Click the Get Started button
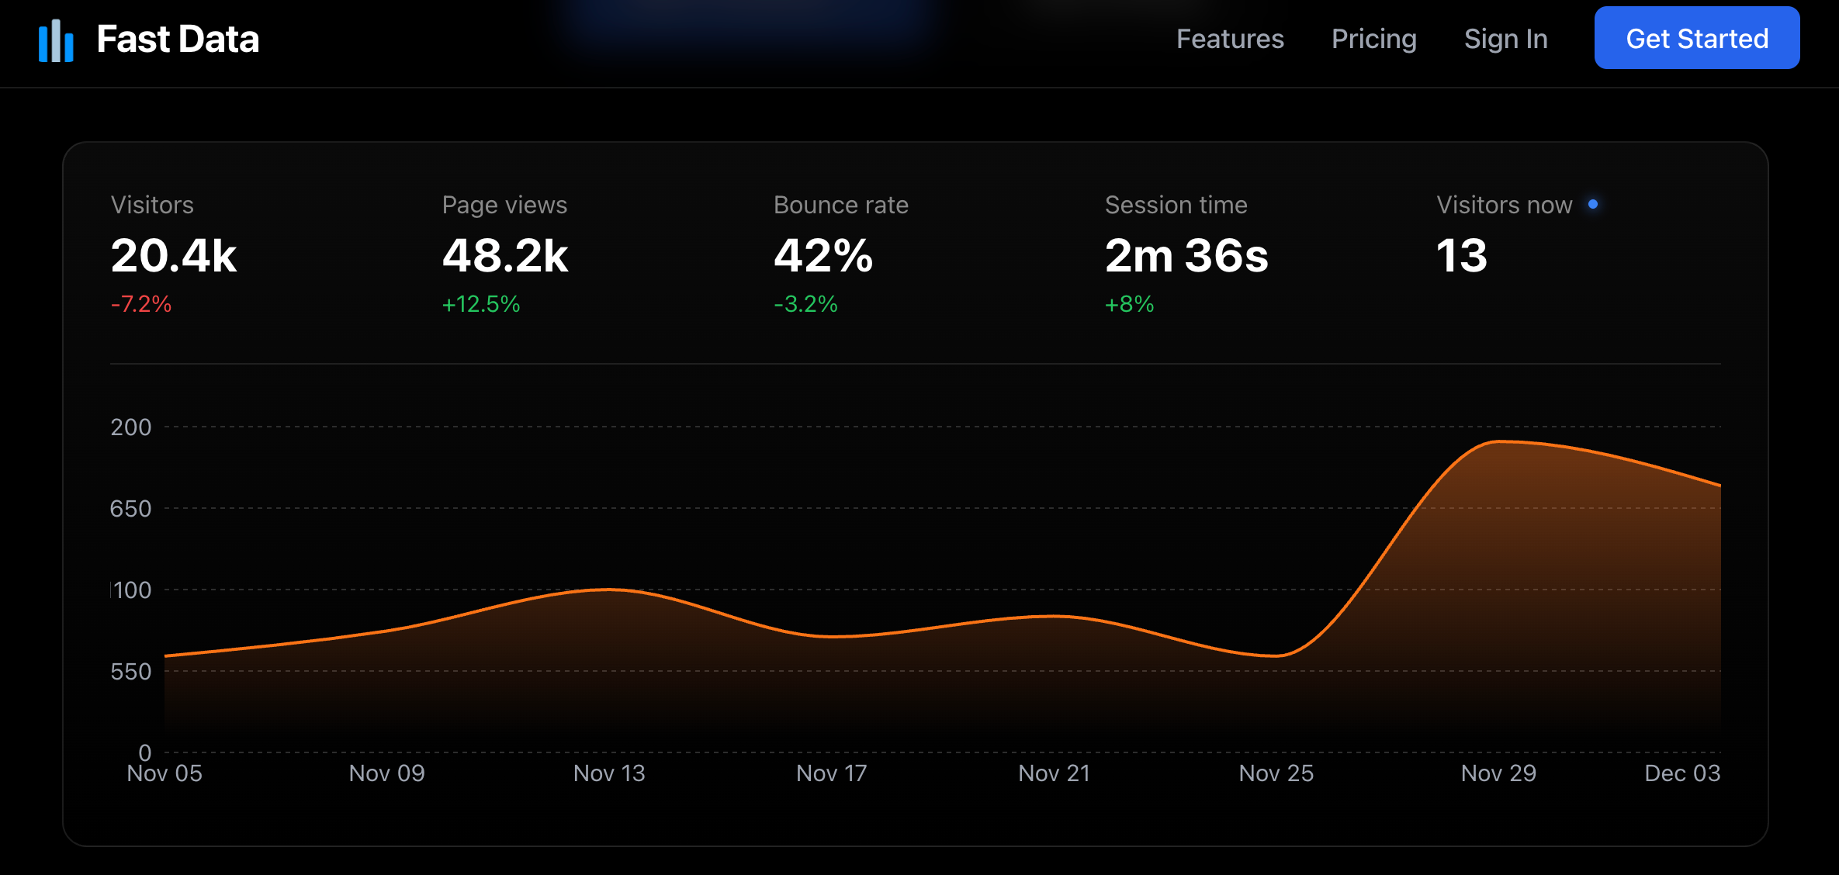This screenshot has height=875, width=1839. point(1696,38)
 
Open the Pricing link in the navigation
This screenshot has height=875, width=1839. point(1373,39)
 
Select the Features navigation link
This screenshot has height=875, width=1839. point(1230,39)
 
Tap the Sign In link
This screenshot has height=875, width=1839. point(1505,39)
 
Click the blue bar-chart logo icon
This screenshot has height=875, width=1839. point(56,40)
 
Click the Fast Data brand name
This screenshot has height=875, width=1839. point(178,39)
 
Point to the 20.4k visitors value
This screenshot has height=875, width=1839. point(174,256)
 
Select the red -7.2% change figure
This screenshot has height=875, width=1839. point(141,304)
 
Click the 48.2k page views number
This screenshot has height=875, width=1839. point(505,256)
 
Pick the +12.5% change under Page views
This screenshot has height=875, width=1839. point(481,304)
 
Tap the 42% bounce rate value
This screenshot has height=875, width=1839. point(823,256)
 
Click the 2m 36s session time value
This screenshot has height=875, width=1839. point(1186,256)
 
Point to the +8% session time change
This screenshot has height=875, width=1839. point(1129,304)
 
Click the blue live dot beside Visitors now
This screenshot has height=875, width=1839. point(1593,204)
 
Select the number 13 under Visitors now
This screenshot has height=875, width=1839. point(1462,256)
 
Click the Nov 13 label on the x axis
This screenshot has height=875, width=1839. point(609,773)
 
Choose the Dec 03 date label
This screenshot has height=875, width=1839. point(1682,773)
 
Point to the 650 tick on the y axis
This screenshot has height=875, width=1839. point(130,509)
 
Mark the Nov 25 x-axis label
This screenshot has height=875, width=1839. point(1276,773)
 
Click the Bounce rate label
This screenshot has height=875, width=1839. point(840,205)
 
